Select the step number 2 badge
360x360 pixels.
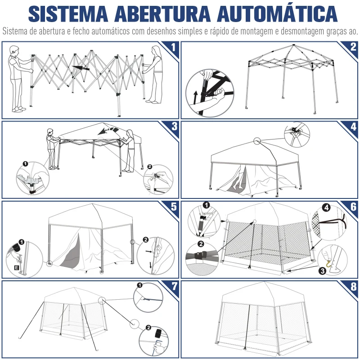(x=353, y=47)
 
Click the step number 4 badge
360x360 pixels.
(x=353, y=126)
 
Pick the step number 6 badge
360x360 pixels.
(x=353, y=207)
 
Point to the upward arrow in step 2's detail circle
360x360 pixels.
(x=195, y=95)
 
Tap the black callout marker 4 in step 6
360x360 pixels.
(x=326, y=208)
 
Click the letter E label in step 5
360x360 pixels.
(x=17, y=268)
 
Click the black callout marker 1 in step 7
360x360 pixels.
(x=139, y=285)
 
